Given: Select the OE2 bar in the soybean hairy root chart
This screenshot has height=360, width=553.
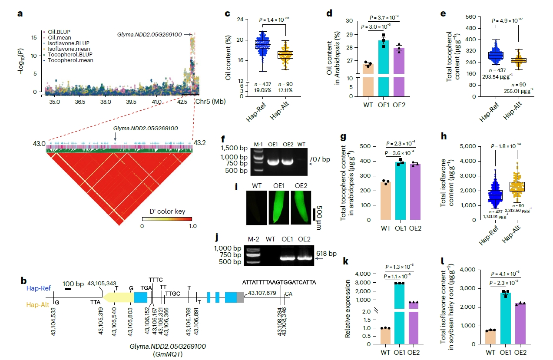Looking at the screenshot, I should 520,324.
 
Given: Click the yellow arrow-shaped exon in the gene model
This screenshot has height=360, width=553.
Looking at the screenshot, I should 118,297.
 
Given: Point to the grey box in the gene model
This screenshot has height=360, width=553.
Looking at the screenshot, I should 240,297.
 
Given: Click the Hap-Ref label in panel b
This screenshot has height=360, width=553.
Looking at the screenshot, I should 37,288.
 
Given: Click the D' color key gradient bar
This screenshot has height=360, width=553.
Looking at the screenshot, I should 167,219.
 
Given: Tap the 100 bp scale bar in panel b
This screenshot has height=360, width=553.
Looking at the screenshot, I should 68,289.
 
